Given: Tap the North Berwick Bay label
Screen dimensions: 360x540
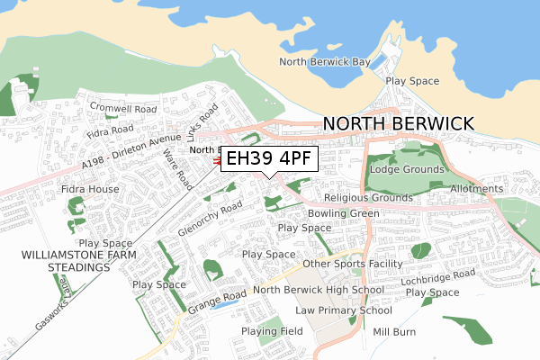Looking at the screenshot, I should coord(325,62).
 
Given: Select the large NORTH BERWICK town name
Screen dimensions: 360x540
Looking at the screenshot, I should coord(398,124).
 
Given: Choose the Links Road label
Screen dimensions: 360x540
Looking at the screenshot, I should coord(204,126).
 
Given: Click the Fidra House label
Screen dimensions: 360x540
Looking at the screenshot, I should coord(90,190).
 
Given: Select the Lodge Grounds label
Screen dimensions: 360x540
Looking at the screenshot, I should coord(408,169).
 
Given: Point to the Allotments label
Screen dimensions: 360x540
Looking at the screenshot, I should coord(502,189).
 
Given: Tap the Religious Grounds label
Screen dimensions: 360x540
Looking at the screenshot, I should coord(367,197).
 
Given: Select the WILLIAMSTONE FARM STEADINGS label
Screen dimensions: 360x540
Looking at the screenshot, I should coord(60,261).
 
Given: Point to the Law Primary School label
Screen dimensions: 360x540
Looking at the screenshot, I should coord(343,310).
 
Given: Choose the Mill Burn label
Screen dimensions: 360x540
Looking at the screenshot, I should coord(395,331).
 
